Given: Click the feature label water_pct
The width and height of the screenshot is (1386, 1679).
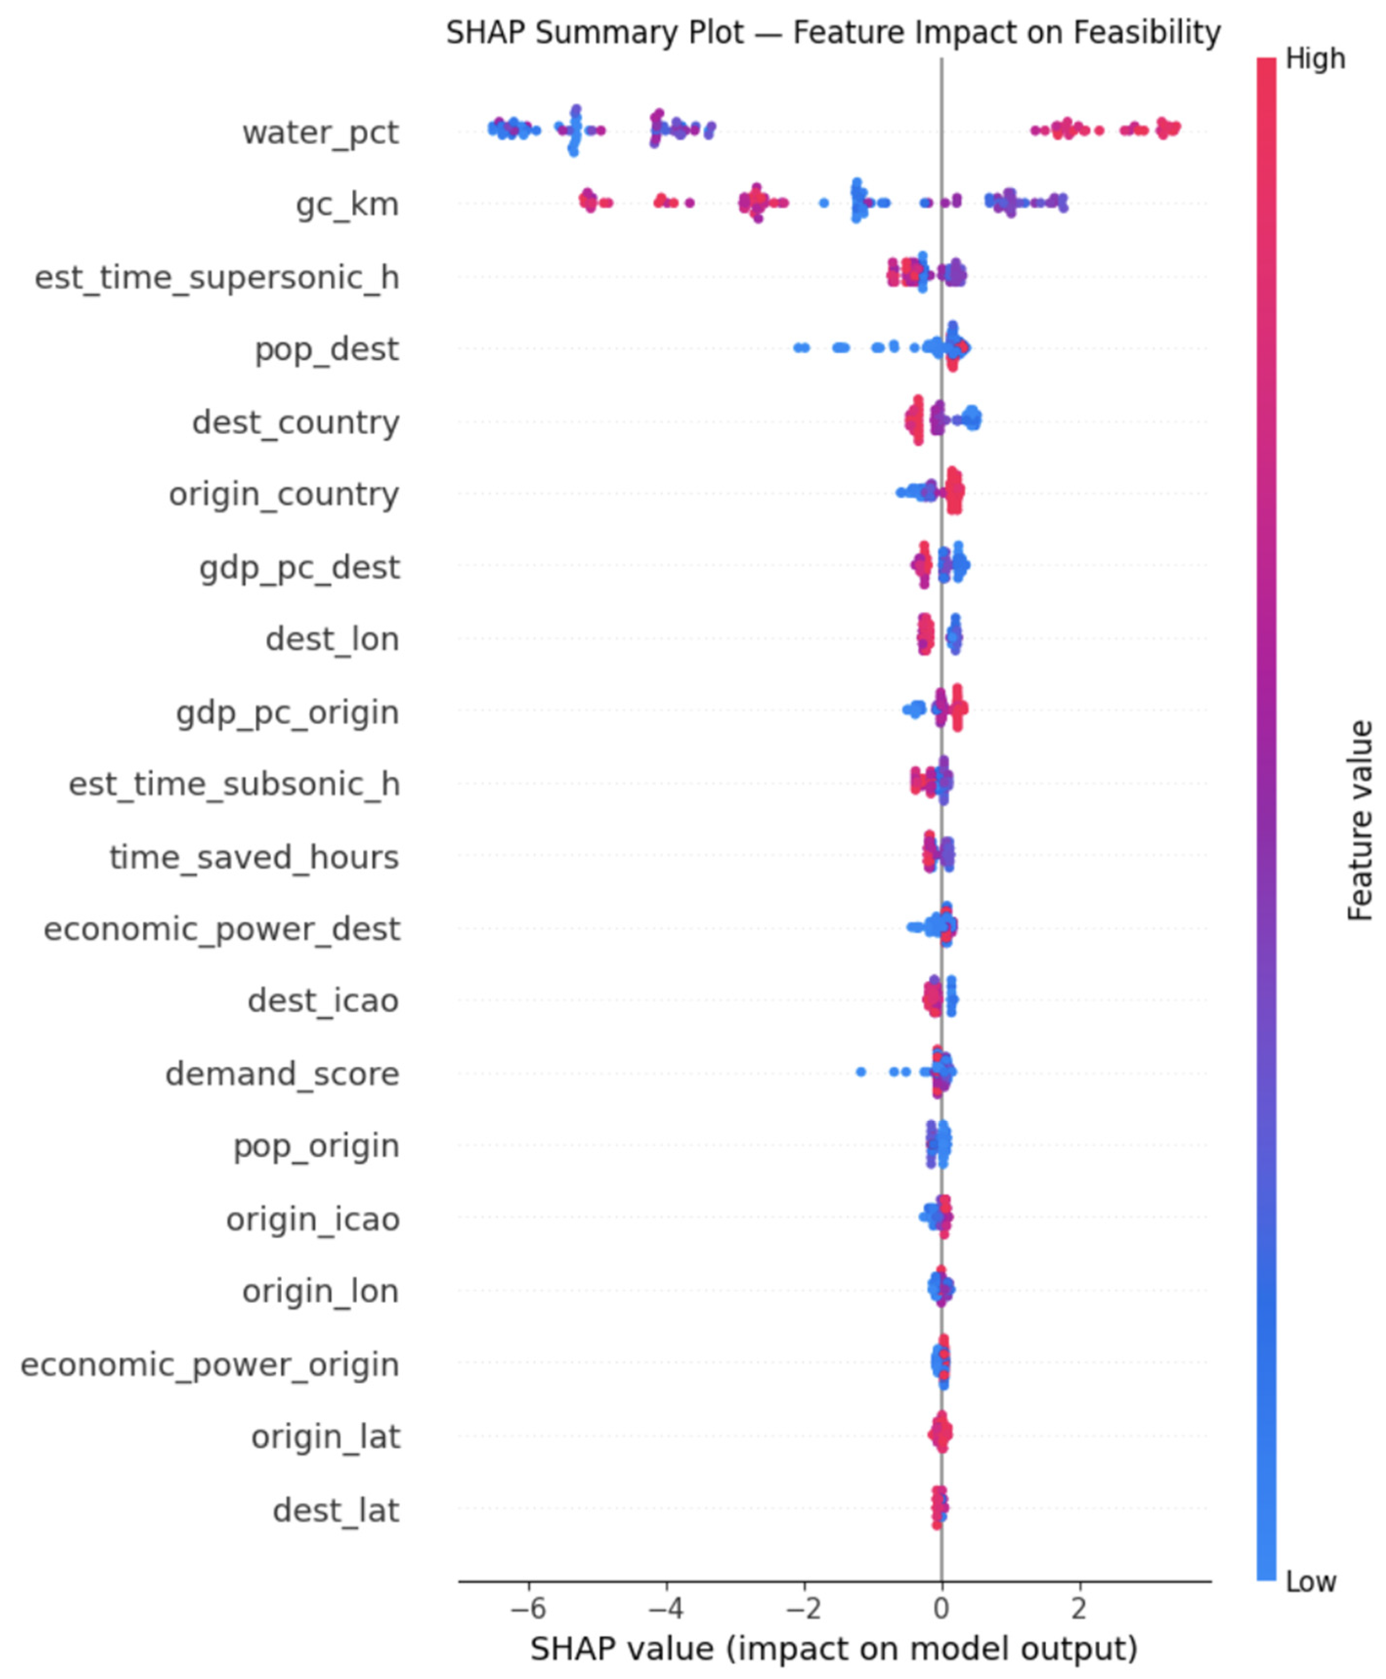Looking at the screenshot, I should [x=320, y=132].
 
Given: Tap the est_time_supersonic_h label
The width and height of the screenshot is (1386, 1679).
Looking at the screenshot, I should [x=217, y=278].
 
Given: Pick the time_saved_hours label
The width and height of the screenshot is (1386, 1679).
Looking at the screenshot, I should [x=254, y=857].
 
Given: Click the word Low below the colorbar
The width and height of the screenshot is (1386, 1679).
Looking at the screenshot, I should [x=1310, y=1582].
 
